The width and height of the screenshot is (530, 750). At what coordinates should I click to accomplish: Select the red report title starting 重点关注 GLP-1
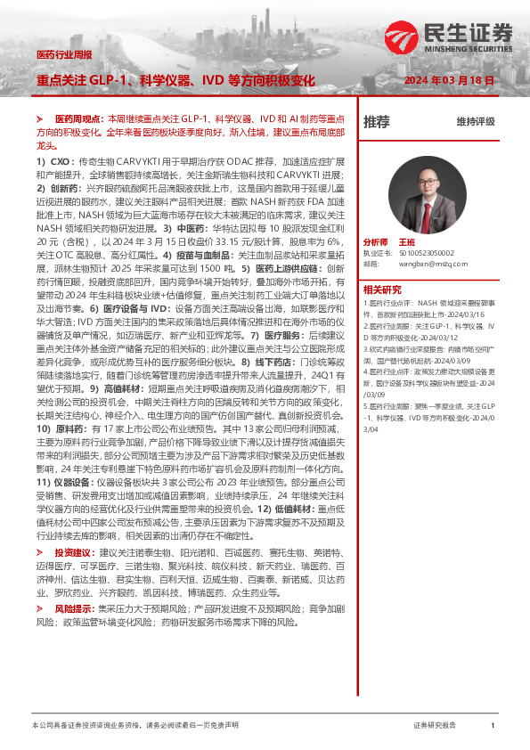175,79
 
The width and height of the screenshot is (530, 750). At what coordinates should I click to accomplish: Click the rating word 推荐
377,121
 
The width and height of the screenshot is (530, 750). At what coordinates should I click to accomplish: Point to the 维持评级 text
475,121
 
